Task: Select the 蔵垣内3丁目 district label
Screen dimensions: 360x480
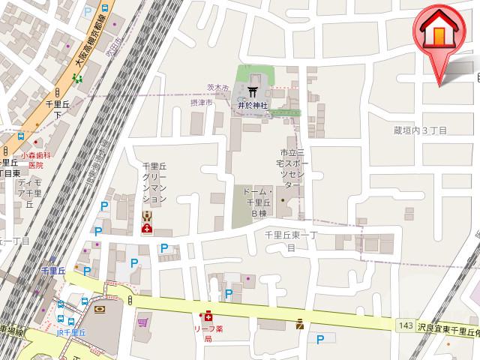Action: (x=420, y=130)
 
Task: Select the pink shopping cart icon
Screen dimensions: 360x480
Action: (x=142, y=323)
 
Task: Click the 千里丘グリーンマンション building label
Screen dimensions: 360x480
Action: (x=154, y=184)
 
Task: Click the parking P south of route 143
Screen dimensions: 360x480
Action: (x=320, y=339)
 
